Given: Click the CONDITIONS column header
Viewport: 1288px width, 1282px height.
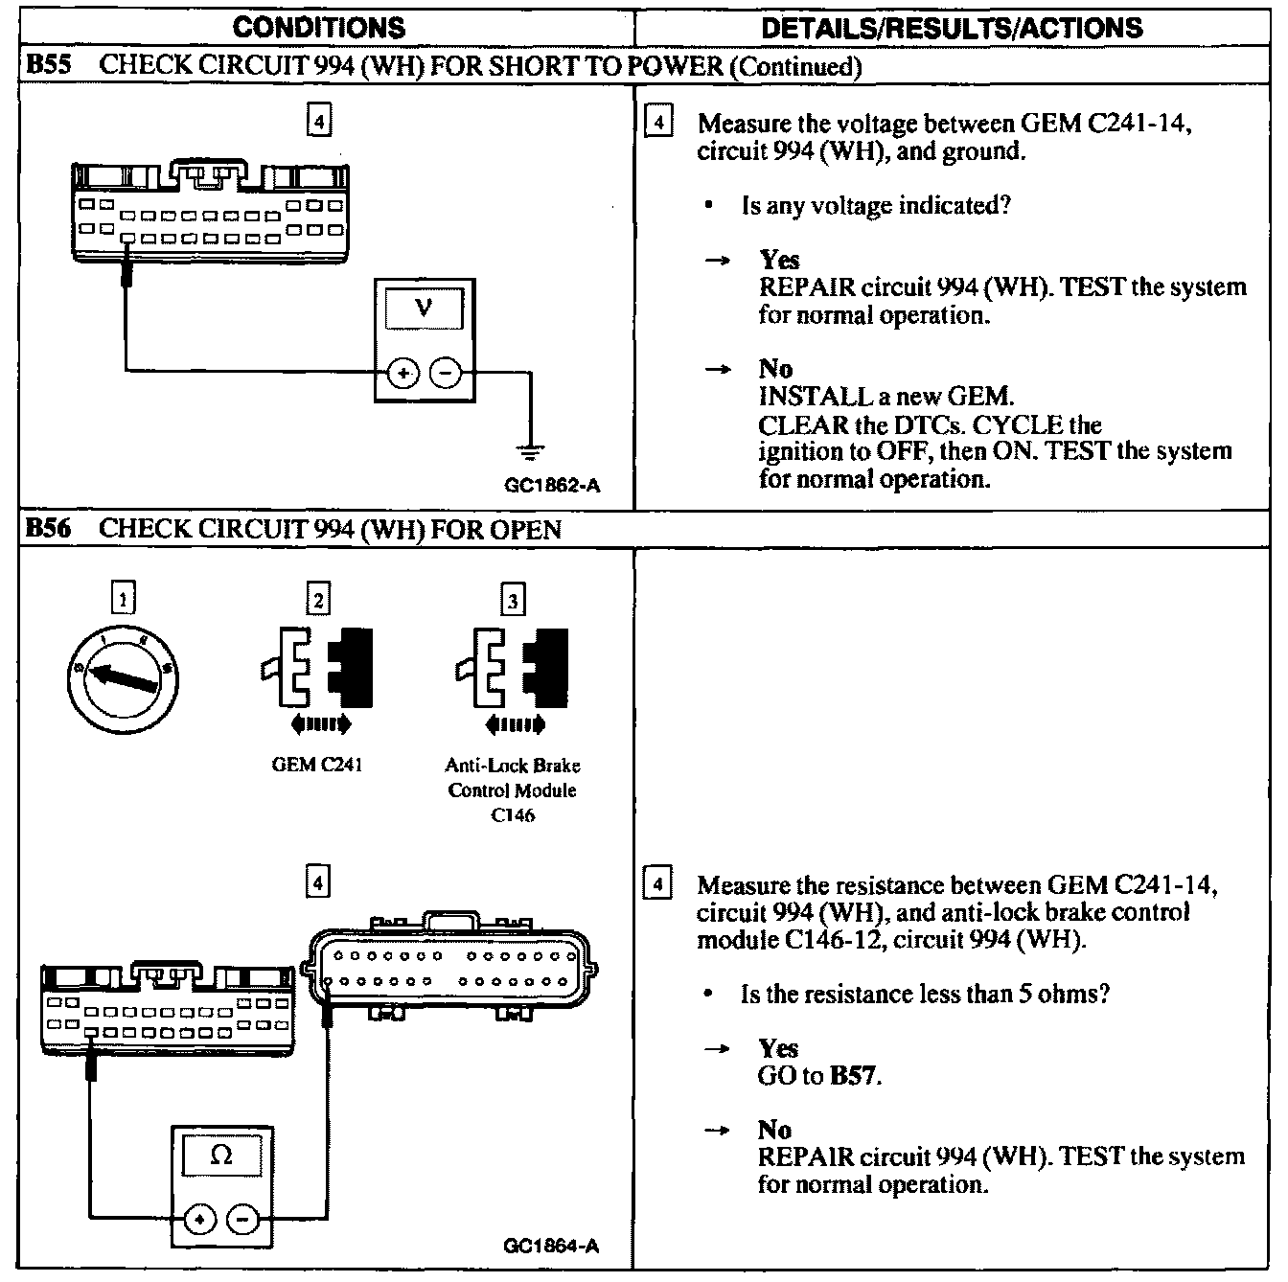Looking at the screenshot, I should tap(318, 27).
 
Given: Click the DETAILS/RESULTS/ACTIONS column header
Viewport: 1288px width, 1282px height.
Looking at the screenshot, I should tap(952, 27).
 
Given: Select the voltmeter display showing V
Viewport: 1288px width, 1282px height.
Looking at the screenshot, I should tap(424, 309).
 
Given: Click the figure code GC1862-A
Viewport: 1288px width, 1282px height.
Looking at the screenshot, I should tap(553, 486).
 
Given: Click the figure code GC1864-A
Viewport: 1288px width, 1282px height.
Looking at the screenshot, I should tap(551, 1246).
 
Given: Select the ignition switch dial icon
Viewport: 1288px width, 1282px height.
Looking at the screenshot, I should tap(124, 675).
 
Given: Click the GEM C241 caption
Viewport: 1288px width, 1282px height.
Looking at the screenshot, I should tap(317, 766).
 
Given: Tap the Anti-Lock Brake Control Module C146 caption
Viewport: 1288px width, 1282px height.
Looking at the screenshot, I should tap(513, 790).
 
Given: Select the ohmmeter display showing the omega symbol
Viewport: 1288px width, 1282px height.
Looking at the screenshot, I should tap(221, 1156).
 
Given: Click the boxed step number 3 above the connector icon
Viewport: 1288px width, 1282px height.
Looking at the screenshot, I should tap(513, 601).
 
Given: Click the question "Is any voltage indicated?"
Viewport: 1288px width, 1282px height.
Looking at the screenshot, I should tap(876, 205).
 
